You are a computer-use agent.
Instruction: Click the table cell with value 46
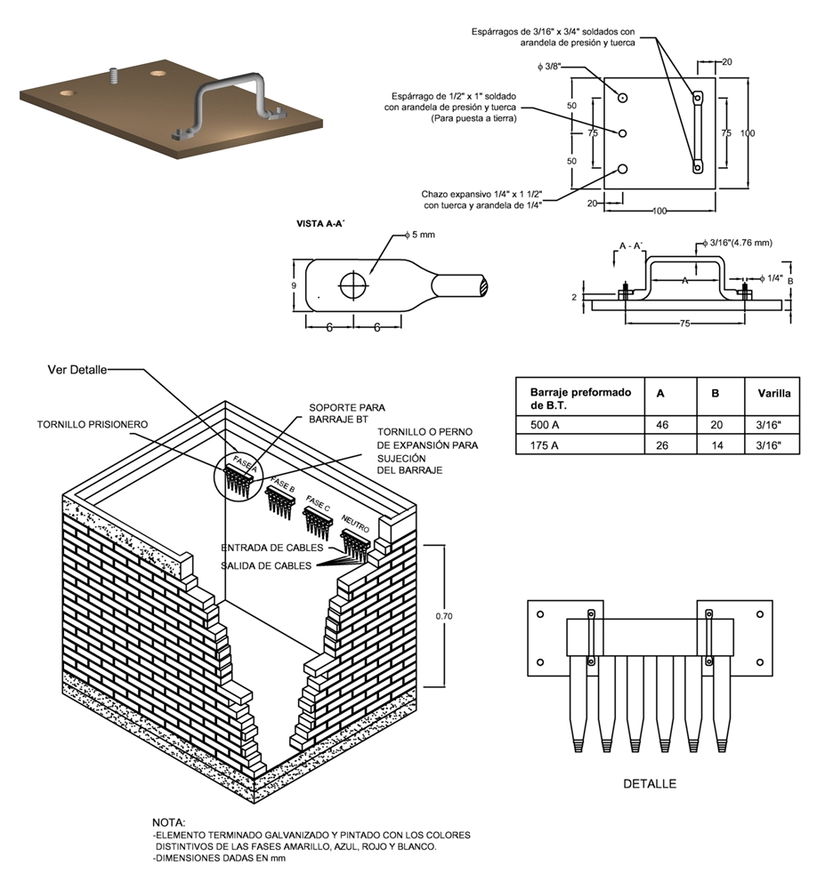pos(661,424)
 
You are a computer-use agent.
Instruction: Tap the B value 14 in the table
pos(715,444)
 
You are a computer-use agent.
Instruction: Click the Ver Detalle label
pos(77,369)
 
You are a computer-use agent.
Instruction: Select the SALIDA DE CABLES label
pos(266,565)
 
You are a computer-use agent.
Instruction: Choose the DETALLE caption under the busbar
pos(649,783)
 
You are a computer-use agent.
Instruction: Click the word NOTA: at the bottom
pos(169,821)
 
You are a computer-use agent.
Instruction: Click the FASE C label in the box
pos(318,502)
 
